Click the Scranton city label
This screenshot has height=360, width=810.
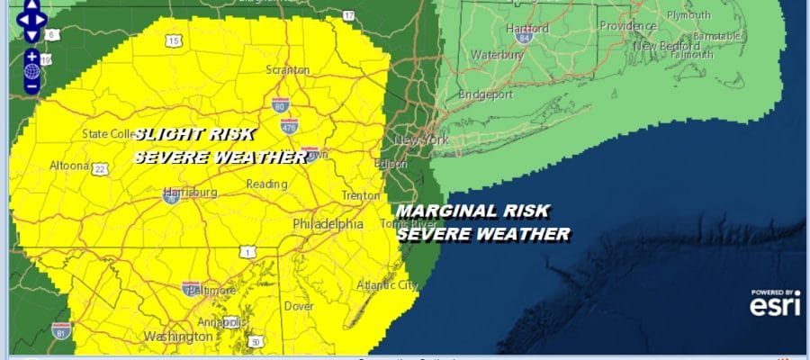pos(288,70)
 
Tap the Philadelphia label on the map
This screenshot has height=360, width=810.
pos(328,223)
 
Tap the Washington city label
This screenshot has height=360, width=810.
pos(177,337)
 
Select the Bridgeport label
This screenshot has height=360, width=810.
pos(484,94)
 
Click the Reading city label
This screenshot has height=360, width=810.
pos(266,184)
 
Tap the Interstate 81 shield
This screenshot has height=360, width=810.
pos(60,329)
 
